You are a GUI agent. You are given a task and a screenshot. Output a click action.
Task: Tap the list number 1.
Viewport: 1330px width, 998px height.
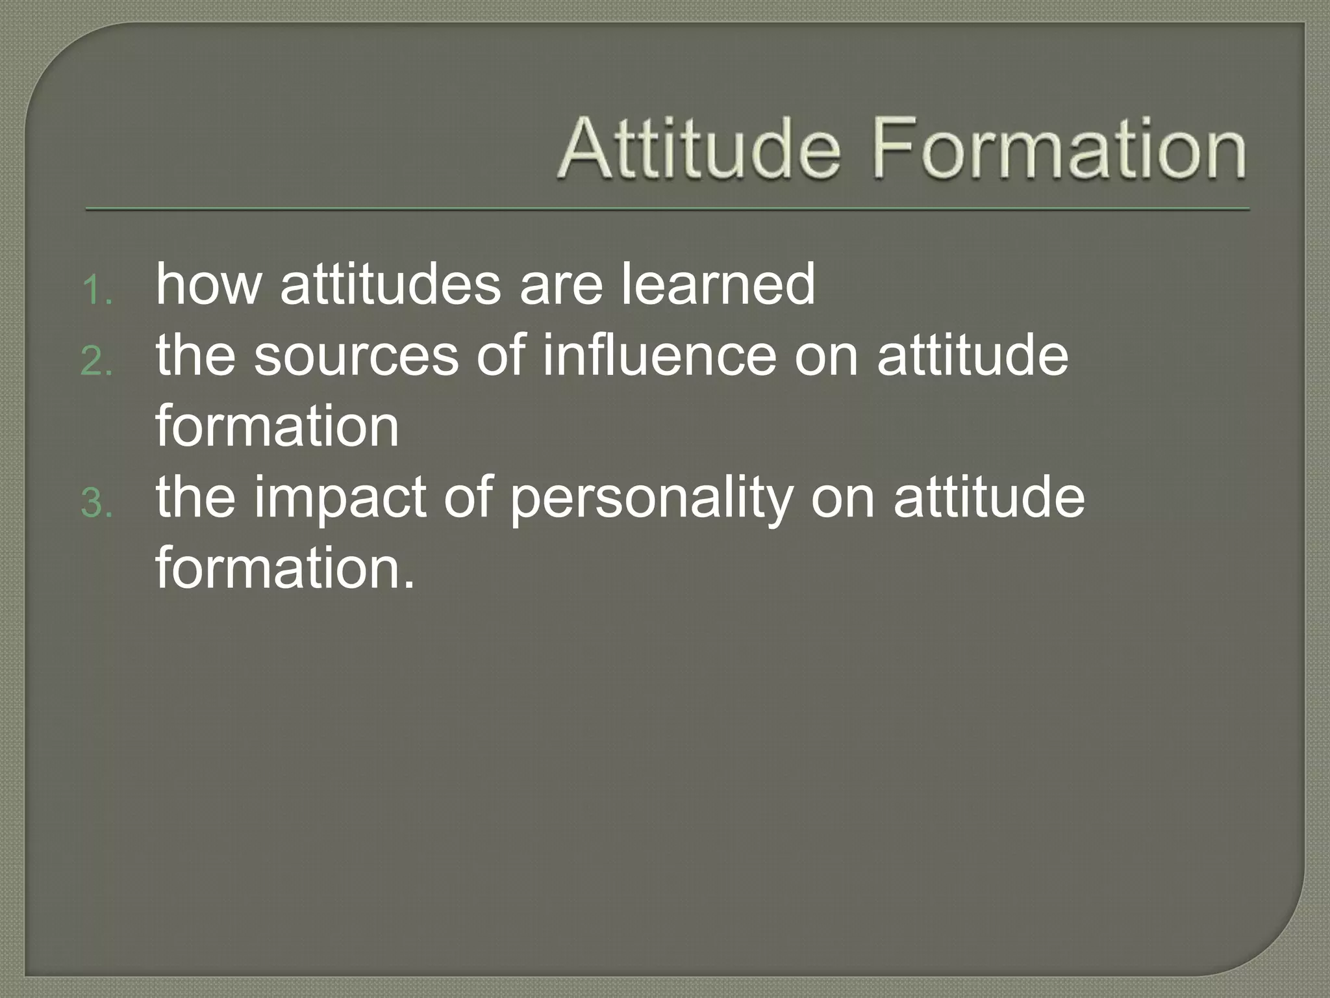click(97, 290)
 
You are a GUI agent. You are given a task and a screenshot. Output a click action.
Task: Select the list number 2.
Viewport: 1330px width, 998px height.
click(97, 362)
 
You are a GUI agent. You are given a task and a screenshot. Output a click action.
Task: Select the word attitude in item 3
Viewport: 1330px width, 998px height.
click(988, 497)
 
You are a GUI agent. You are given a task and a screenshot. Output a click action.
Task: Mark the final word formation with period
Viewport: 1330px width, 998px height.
click(284, 568)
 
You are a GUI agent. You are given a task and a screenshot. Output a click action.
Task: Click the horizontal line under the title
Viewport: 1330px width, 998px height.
click(668, 209)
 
